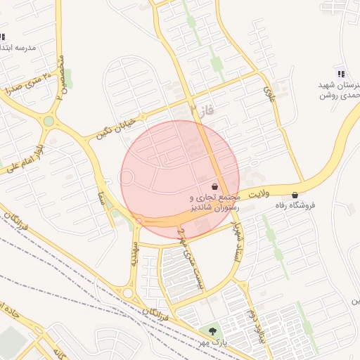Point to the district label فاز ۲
coord(200,109)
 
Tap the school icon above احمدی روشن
coord(341,74)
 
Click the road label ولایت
coord(257,191)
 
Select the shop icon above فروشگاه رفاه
coord(294,195)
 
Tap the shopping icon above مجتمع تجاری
coord(214,188)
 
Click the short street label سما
coord(102,199)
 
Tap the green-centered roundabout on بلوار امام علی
coord(49,121)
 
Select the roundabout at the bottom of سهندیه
coord(128,292)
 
